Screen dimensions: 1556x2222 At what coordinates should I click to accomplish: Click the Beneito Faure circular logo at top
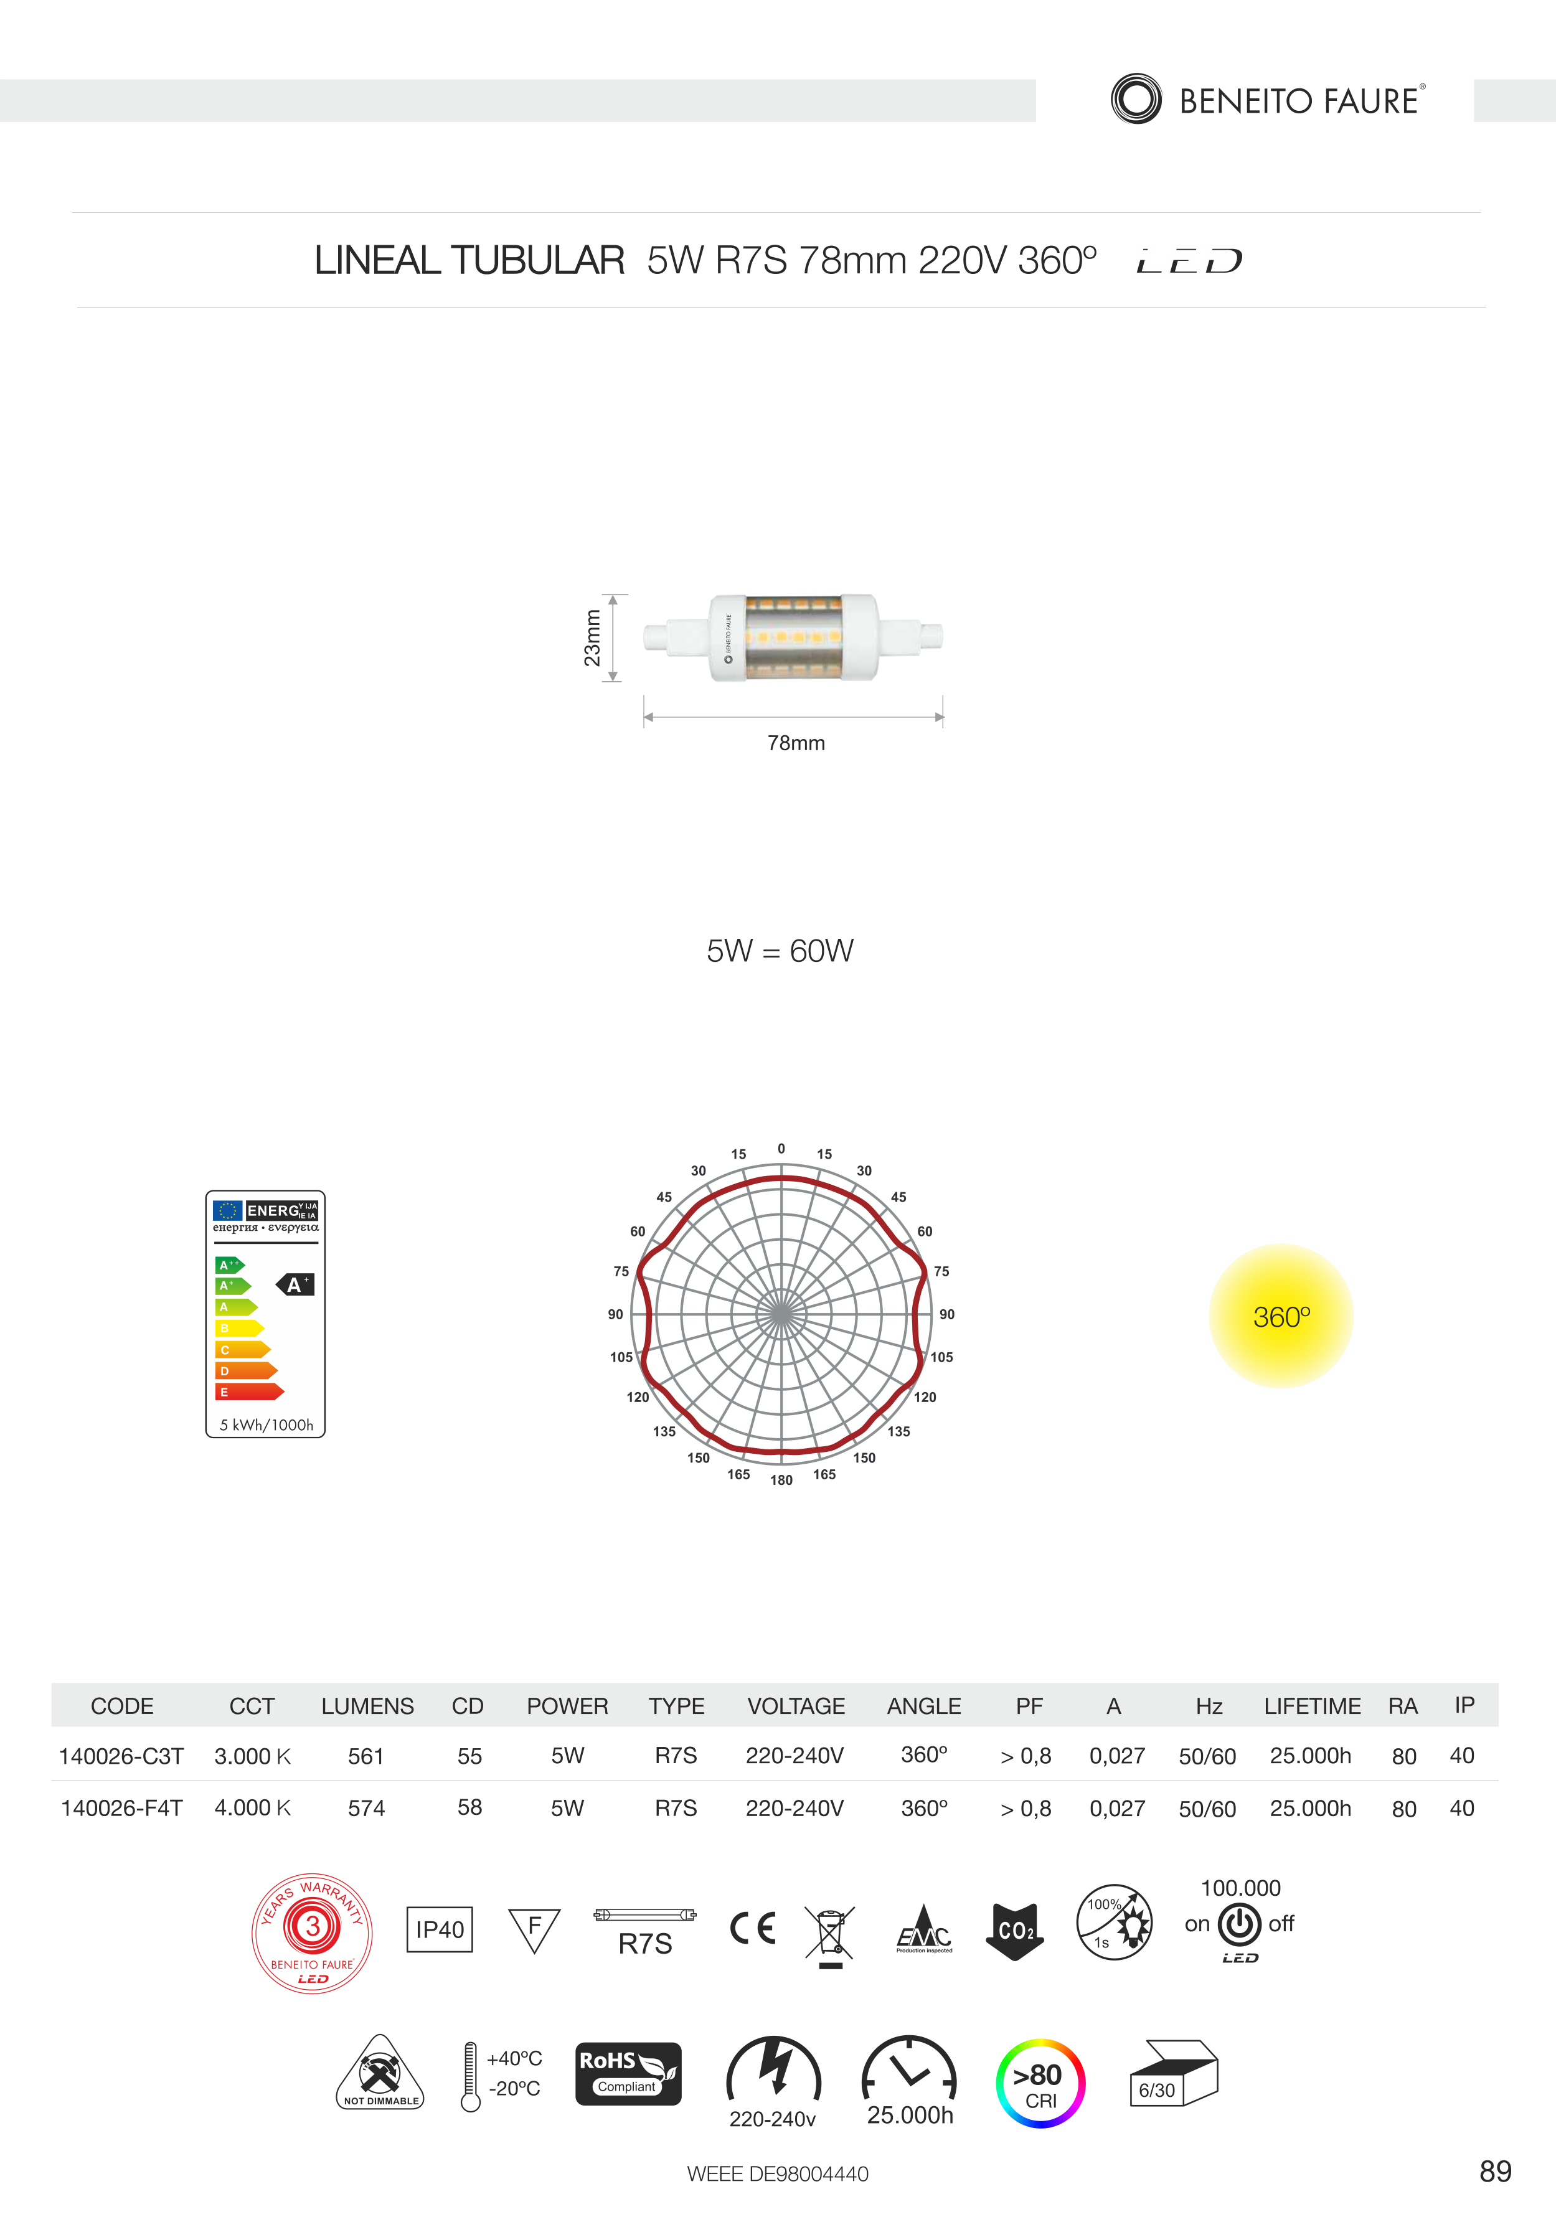click(1136, 99)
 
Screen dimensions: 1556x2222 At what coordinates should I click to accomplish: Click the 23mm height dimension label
click(592, 638)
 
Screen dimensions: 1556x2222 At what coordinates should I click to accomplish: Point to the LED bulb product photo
click(793, 638)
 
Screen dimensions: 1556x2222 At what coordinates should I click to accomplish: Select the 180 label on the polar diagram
click(781, 1480)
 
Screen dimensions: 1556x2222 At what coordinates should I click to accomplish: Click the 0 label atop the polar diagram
click(781, 1149)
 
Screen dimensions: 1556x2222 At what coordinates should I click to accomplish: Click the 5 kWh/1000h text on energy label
click(266, 1424)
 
